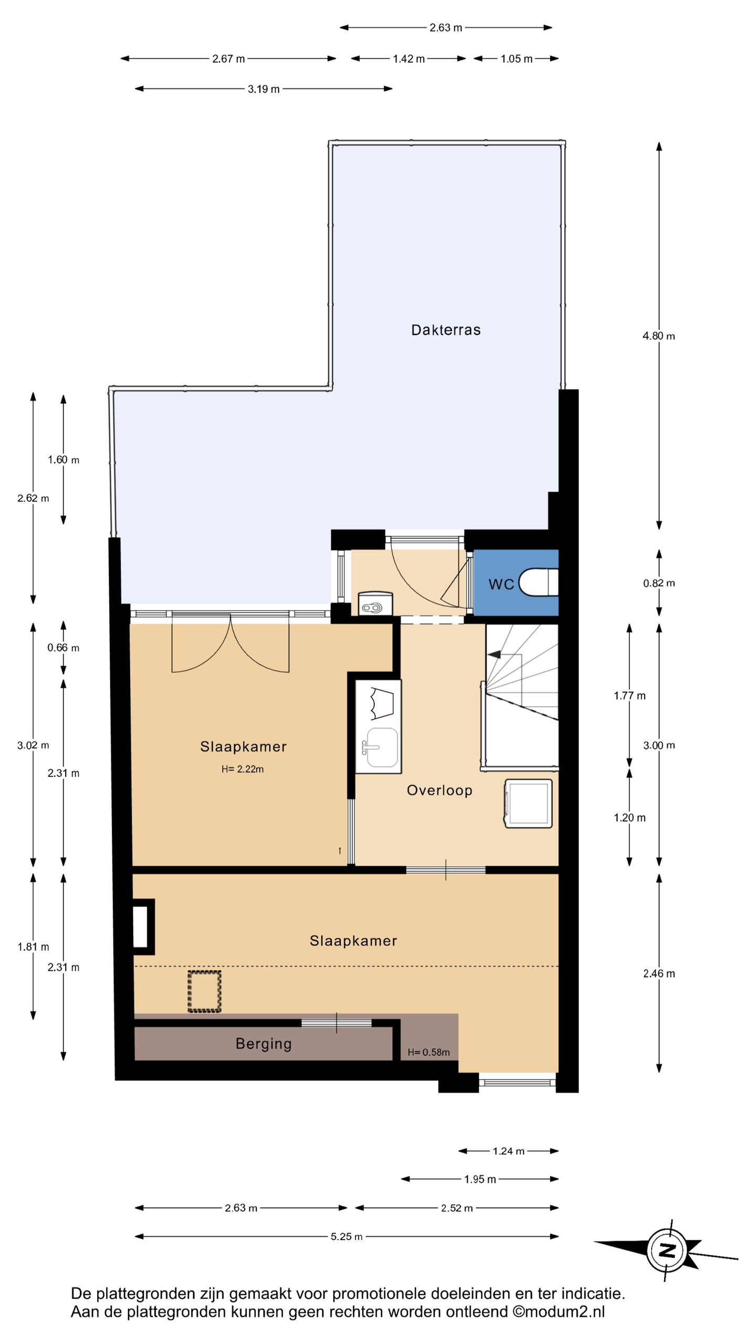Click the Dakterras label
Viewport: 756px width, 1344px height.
[446, 330]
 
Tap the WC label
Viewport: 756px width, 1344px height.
[501, 584]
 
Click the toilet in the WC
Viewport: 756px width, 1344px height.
[539, 582]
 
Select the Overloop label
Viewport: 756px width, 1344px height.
[439, 790]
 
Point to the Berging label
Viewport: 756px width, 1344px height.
[264, 1044]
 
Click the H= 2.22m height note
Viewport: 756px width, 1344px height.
[243, 769]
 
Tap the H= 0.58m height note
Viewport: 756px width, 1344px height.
[428, 1052]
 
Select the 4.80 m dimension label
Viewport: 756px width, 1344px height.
[659, 336]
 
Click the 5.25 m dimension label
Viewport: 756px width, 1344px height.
[346, 1236]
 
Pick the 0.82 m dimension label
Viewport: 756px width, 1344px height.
[659, 583]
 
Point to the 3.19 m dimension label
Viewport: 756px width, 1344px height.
[264, 89]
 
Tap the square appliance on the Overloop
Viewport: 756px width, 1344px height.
[528, 804]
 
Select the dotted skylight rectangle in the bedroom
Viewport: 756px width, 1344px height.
[204, 991]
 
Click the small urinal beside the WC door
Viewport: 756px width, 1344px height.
[375, 604]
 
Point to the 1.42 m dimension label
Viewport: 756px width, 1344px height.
[408, 59]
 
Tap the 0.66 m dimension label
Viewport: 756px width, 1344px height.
[63, 648]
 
